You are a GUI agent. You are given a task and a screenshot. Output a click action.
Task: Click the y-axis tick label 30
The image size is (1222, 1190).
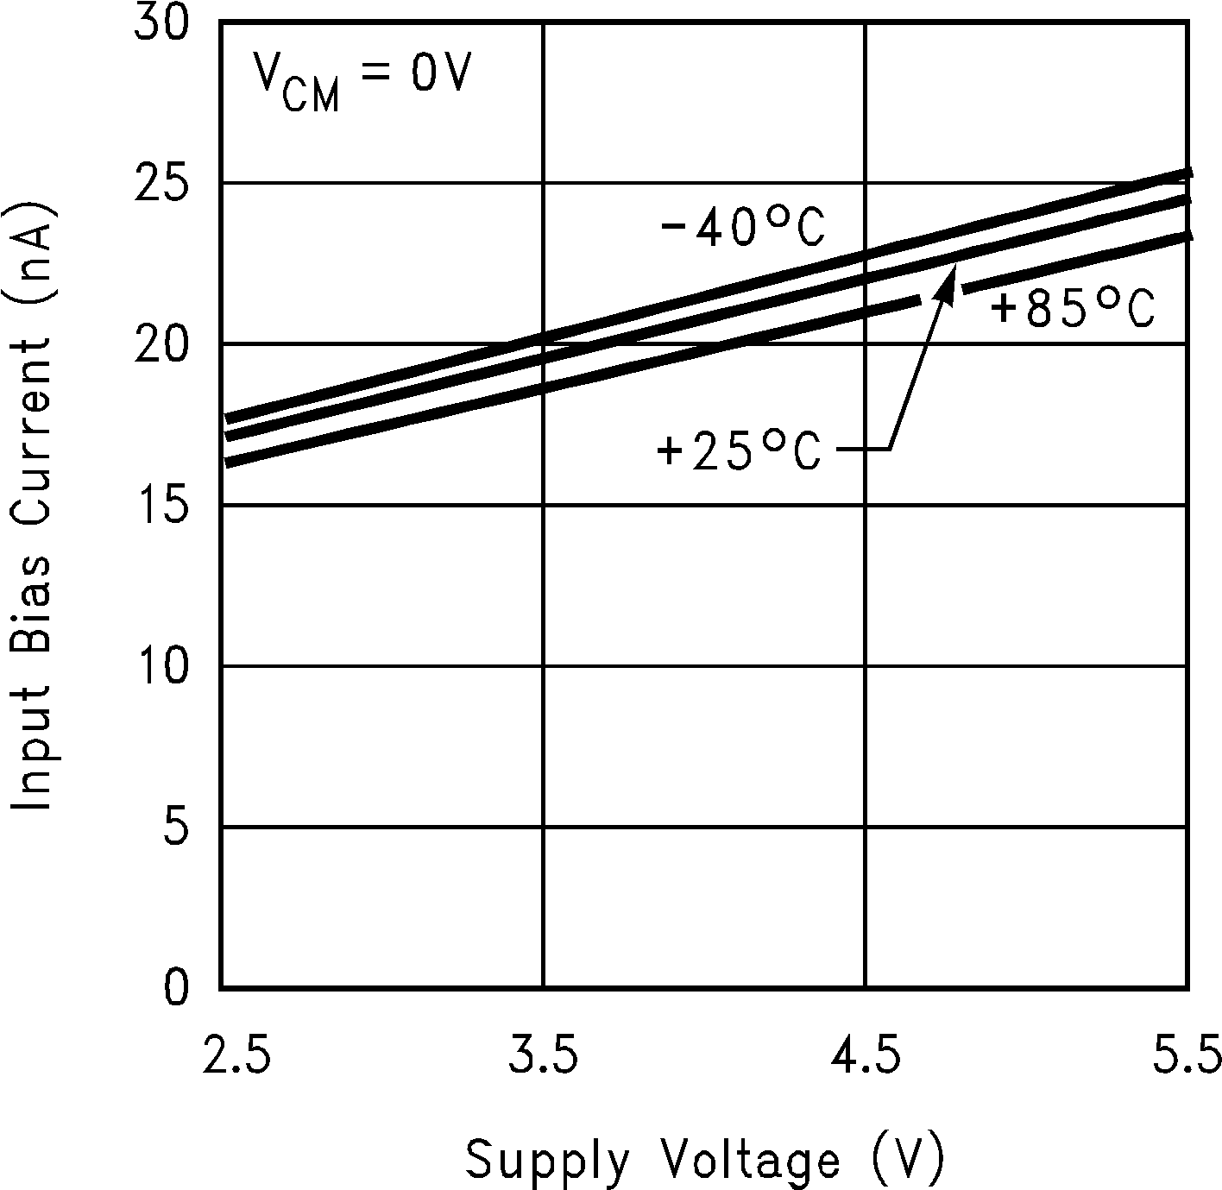click(161, 23)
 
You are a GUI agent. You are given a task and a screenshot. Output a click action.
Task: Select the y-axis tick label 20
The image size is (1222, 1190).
click(161, 344)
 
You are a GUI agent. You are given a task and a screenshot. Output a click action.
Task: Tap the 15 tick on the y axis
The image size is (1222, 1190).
click(161, 505)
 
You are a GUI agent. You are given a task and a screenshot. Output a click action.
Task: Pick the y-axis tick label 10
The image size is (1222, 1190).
click(161, 666)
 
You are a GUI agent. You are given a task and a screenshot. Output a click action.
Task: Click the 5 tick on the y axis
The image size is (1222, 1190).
click(175, 827)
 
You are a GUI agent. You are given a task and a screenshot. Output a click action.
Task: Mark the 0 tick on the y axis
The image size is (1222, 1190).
click(175, 987)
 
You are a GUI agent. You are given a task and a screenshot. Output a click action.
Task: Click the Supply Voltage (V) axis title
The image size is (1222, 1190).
click(705, 1159)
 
